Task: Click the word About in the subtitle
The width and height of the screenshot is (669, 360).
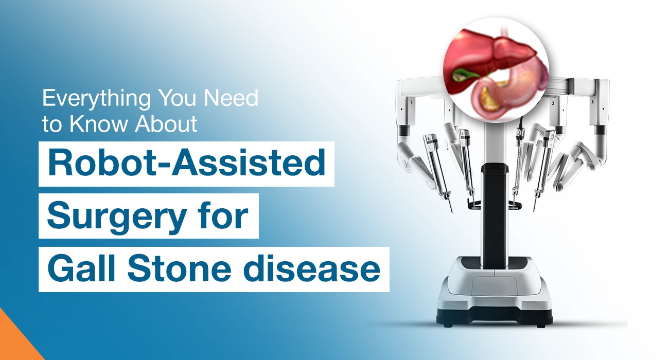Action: [165, 124]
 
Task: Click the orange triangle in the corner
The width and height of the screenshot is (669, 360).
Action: [13, 342]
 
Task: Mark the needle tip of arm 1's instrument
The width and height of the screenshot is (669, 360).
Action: [451, 210]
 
